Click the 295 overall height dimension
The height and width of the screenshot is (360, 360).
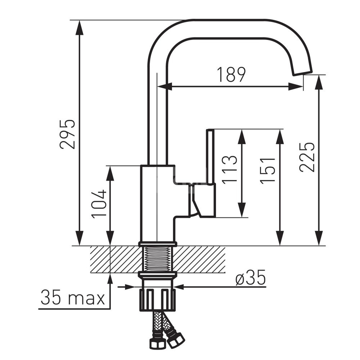[68, 134]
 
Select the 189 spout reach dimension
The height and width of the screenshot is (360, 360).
[231, 75]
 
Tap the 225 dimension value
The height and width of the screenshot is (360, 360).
[307, 157]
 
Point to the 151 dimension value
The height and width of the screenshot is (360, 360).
[268, 171]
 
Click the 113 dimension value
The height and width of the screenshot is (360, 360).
[230, 170]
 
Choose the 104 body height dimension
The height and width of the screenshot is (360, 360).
[99, 204]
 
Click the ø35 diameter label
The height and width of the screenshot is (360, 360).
[251, 278]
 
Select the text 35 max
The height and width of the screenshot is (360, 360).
[72, 298]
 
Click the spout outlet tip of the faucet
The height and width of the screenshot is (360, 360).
[303, 72]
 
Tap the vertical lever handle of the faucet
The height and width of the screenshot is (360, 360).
[210, 157]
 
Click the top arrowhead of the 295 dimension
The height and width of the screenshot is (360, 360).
[80, 27]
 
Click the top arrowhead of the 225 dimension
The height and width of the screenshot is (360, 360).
[318, 82]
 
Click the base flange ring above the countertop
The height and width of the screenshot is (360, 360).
[157, 244]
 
